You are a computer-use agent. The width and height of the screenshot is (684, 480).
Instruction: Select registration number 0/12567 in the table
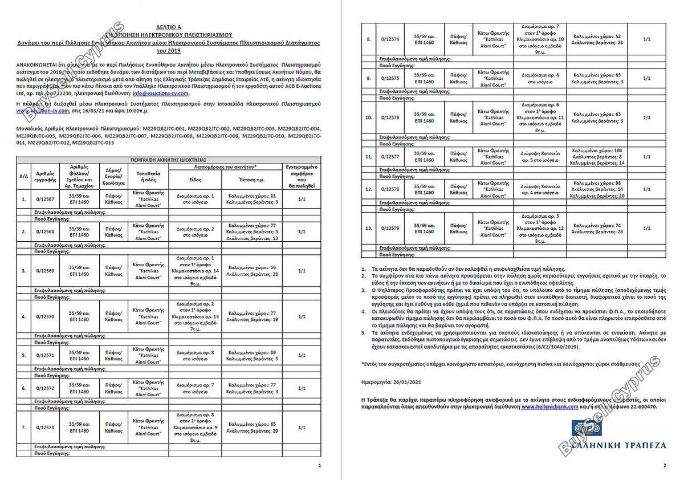pos(45,200)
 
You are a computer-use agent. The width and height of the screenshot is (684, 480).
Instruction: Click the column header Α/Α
pos(23,176)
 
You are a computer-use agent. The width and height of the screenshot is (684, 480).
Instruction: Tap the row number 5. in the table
pos(23,355)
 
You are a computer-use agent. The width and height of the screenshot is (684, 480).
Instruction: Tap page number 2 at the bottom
pos(665,466)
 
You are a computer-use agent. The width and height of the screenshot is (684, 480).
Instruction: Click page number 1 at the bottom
pos(319,466)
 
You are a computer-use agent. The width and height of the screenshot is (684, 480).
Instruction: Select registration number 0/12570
pos(45,316)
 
